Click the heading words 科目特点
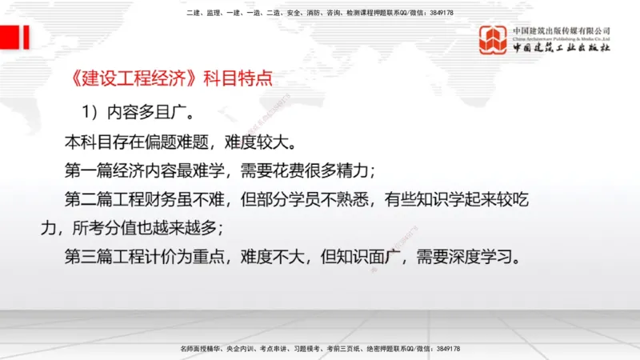[x=238, y=79]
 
